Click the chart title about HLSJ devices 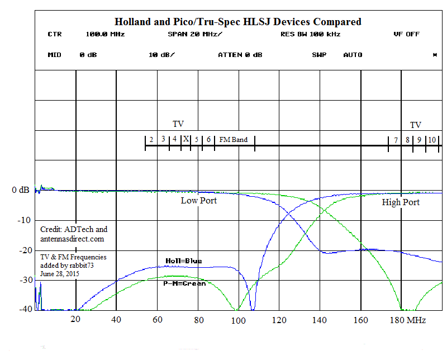[238, 22]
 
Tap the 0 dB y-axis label [21, 190]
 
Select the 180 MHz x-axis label [408, 320]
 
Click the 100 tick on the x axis [238, 320]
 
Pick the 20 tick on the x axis [75, 320]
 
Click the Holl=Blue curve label [184, 261]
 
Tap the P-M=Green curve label [184, 283]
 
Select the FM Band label [233, 140]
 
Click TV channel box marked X [186, 139]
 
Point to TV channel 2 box [151, 140]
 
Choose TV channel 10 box [432, 140]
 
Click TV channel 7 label [396, 140]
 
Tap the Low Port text [199, 200]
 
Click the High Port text [401, 202]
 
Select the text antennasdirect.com [72, 239]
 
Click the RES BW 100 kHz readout [310, 34]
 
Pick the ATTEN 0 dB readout [240, 55]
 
